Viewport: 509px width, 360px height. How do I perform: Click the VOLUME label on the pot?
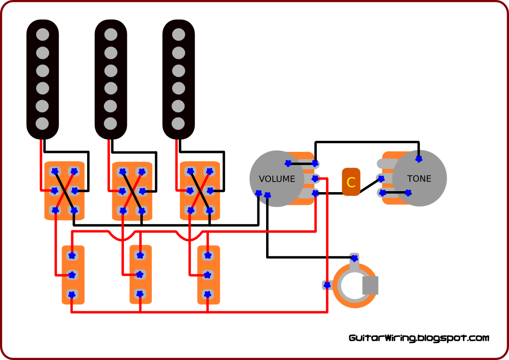[277, 179]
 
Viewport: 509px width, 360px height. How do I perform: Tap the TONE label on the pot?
[419, 179]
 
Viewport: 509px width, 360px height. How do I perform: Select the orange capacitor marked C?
[351, 182]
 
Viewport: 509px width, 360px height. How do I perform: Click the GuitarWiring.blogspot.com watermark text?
[419, 338]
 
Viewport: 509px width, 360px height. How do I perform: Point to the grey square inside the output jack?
[370, 285]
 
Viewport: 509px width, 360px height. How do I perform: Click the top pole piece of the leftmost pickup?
[43, 35]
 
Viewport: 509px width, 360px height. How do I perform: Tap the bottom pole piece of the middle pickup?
[111, 124]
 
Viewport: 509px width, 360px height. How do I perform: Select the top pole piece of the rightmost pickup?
[179, 35]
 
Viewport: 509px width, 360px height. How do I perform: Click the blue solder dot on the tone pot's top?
[419, 159]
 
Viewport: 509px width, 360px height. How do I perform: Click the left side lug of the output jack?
[327, 285]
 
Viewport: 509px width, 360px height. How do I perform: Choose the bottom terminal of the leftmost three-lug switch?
[72, 294]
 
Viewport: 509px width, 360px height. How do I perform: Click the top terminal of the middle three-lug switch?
[140, 255]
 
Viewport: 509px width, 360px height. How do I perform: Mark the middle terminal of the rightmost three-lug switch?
[208, 275]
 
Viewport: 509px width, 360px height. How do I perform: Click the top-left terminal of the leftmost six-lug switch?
[55, 171]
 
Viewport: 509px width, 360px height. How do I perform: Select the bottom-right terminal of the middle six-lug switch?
[142, 211]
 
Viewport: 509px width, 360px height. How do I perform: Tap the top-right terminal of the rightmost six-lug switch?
[210, 171]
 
